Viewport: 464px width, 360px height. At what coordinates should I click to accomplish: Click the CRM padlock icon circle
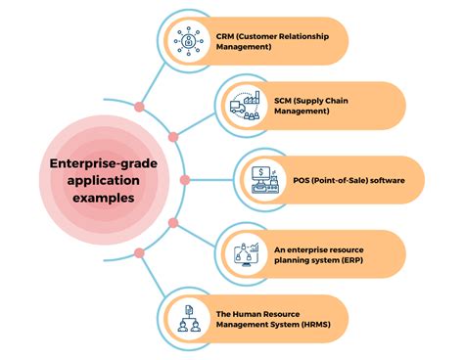[x=186, y=42]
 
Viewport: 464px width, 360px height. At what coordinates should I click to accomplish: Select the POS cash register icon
[x=263, y=179]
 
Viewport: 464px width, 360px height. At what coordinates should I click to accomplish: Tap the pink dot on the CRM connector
[x=140, y=105]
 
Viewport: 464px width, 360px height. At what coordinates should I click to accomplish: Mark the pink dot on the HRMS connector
[x=140, y=253]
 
